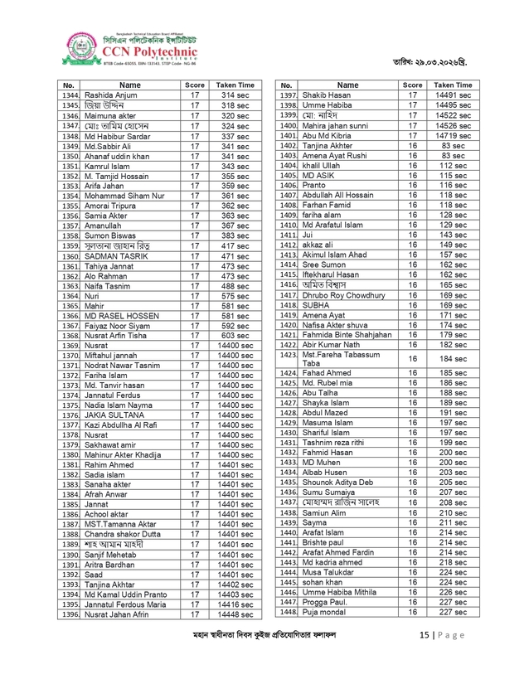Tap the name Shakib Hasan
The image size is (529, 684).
click(327, 96)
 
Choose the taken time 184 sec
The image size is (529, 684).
click(453, 358)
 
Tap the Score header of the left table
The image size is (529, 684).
click(195, 85)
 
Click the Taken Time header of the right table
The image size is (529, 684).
click(453, 85)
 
